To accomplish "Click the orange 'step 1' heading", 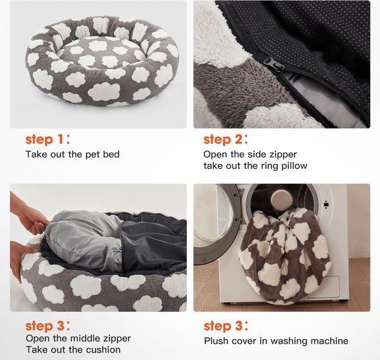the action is coord(47,139).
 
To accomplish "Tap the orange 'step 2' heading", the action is coord(225,139).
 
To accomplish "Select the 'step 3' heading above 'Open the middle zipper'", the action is coord(47,326).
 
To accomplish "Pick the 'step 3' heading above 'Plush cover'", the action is coord(225,326).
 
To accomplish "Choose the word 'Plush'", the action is coord(217,341).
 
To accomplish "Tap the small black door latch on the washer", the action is coord(326,204).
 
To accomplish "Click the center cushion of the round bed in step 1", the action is coord(101,54).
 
